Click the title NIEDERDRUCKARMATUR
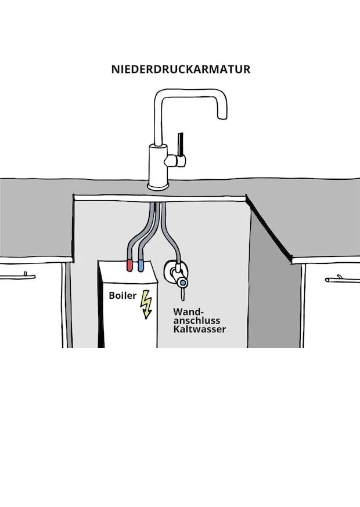[181, 69]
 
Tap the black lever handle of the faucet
[181, 144]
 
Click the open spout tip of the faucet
[222, 118]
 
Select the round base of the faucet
[159, 187]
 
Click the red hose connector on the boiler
[129, 266]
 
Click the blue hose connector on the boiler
[141, 266]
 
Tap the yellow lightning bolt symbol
[146, 305]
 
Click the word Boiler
[123, 295]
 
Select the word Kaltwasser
[199, 329]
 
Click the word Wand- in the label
[189, 312]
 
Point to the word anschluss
[197, 320]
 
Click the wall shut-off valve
[176, 273]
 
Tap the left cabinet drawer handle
[17, 277]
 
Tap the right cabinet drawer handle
[343, 280]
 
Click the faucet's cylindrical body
[158, 164]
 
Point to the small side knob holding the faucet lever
[175, 161]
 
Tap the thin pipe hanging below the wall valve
[183, 294]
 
